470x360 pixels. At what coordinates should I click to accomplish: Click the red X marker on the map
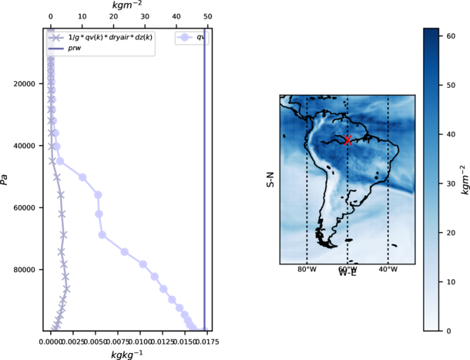[x=348, y=140]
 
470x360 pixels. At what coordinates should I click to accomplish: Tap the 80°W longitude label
[x=307, y=269]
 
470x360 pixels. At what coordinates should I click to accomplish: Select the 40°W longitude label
[x=388, y=269]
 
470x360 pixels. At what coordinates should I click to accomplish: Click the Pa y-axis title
[x=5, y=180]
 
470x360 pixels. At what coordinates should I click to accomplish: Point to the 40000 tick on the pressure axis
[x=29, y=146]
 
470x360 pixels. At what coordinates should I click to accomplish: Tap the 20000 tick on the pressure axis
[x=29, y=83]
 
